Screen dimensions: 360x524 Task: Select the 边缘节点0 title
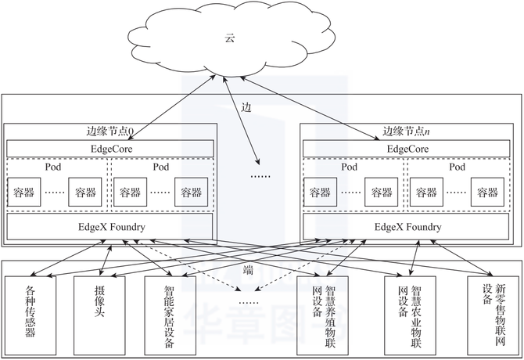click(109, 131)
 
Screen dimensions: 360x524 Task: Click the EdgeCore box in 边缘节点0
click(109, 148)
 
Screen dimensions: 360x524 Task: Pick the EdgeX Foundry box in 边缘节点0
click(109, 228)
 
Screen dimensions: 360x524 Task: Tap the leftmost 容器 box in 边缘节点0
click(24, 193)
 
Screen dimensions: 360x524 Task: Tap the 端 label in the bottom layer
click(249, 269)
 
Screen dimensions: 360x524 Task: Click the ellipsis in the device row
click(249, 301)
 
